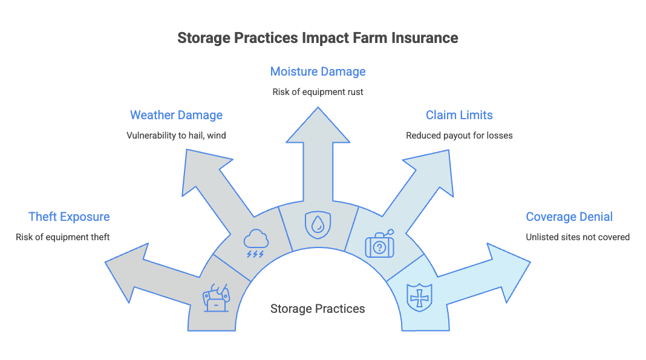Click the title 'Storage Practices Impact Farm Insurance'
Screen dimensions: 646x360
pyautogui.click(x=318, y=38)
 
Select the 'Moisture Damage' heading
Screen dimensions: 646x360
pyautogui.click(x=318, y=71)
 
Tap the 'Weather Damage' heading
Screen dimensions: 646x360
pyautogui.click(x=177, y=115)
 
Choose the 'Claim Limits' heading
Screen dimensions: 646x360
pyautogui.click(x=459, y=115)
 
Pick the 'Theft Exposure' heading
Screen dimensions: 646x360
pyautogui.click(x=69, y=217)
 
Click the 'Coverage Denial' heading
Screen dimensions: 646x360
pyautogui.click(x=569, y=217)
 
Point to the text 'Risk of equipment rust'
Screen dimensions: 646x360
pyautogui.click(x=318, y=92)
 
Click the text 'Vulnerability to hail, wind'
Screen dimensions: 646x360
pyautogui.click(x=177, y=136)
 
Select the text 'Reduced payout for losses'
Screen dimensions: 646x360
pyautogui.click(x=459, y=136)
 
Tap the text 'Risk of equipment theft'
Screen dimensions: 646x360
pyautogui.click(x=63, y=237)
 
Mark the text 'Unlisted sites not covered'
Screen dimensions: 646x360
pyautogui.click(x=578, y=237)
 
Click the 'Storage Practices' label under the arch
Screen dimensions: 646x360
pyautogui.click(x=318, y=309)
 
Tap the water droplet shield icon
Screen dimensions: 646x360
pyautogui.click(x=318, y=225)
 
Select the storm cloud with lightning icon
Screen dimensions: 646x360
pyautogui.click(x=256, y=243)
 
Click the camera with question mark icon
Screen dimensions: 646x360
pyautogui.click(x=379, y=244)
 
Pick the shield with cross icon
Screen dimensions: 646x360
pyautogui.click(x=419, y=298)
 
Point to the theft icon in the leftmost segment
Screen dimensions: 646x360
pyautogui.click(x=216, y=298)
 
